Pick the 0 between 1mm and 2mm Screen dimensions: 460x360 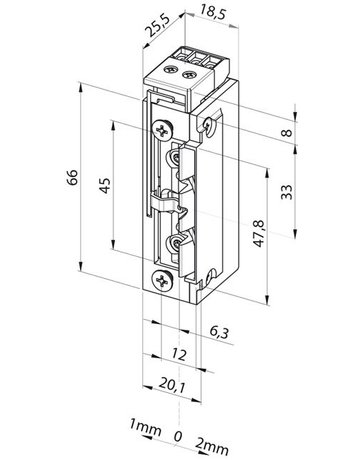tap(179, 435)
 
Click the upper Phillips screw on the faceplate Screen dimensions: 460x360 tap(163, 127)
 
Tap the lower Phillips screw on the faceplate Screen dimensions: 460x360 tap(162, 282)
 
